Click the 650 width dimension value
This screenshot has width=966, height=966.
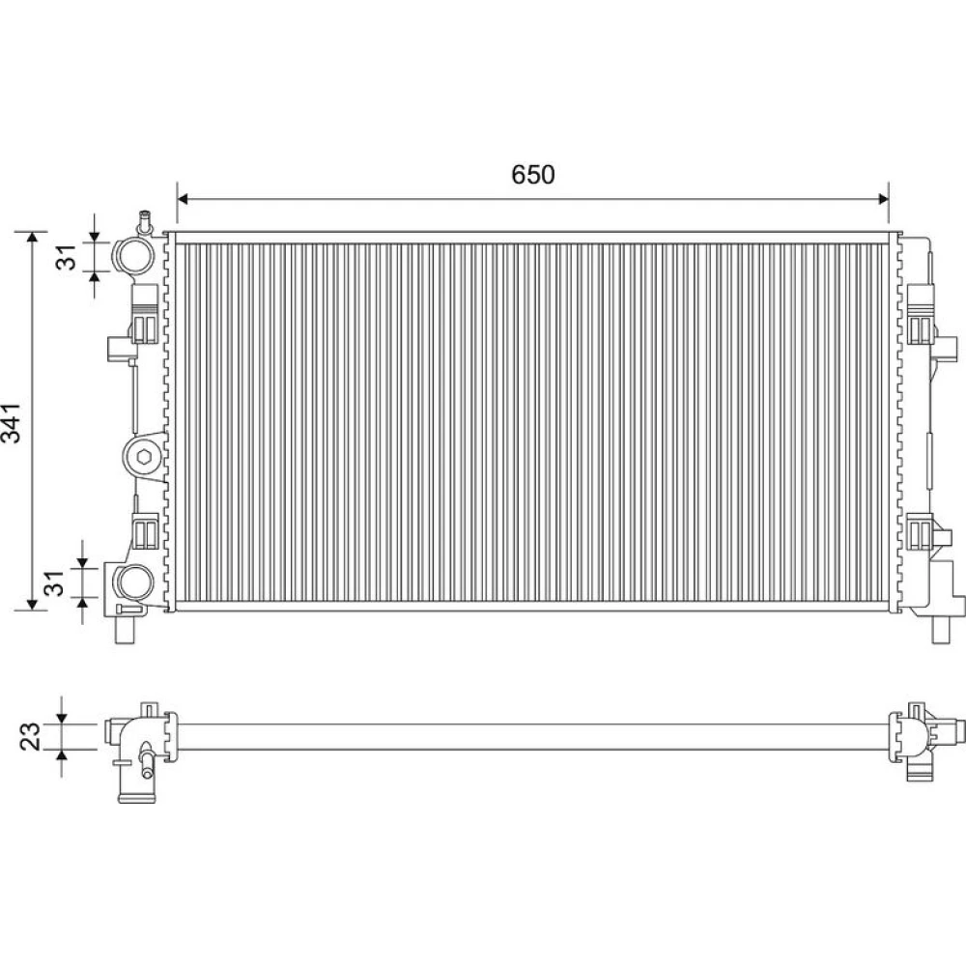coord(533,175)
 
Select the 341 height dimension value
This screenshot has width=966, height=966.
coord(12,423)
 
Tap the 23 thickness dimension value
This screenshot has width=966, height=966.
coord(31,736)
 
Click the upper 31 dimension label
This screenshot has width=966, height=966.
coord(67,256)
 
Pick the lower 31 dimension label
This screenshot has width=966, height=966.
coord(55,582)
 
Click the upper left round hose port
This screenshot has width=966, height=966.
coord(135,256)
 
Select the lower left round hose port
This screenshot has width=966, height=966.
coord(134,582)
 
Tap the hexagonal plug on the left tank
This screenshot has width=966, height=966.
coord(144,457)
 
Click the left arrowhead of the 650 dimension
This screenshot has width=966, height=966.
coord(182,198)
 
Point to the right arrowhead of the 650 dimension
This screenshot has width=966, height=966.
coord(884,198)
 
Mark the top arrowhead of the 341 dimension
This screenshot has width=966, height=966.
coord(31,238)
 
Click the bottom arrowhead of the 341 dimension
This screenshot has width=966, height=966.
coord(31,605)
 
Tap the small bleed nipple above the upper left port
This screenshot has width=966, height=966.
coord(145,223)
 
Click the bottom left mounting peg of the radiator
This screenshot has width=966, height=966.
coord(125,629)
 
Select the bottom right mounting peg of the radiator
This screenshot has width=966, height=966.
coord(941,629)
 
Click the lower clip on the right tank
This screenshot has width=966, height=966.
coord(921,529)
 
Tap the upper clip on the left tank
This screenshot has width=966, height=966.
coord(146,314)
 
